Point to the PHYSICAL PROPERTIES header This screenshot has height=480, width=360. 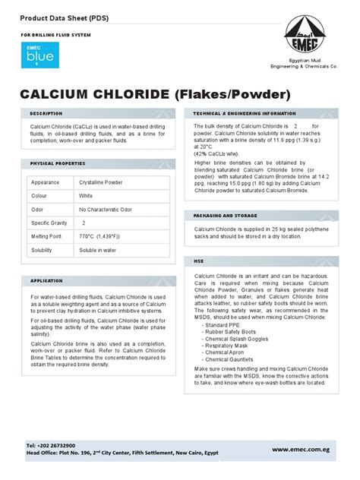coord(58,164)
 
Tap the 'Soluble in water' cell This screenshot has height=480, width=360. coord(98,250)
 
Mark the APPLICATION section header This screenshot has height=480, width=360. coord(46,280)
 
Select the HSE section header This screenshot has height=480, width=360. coord(200,261)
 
